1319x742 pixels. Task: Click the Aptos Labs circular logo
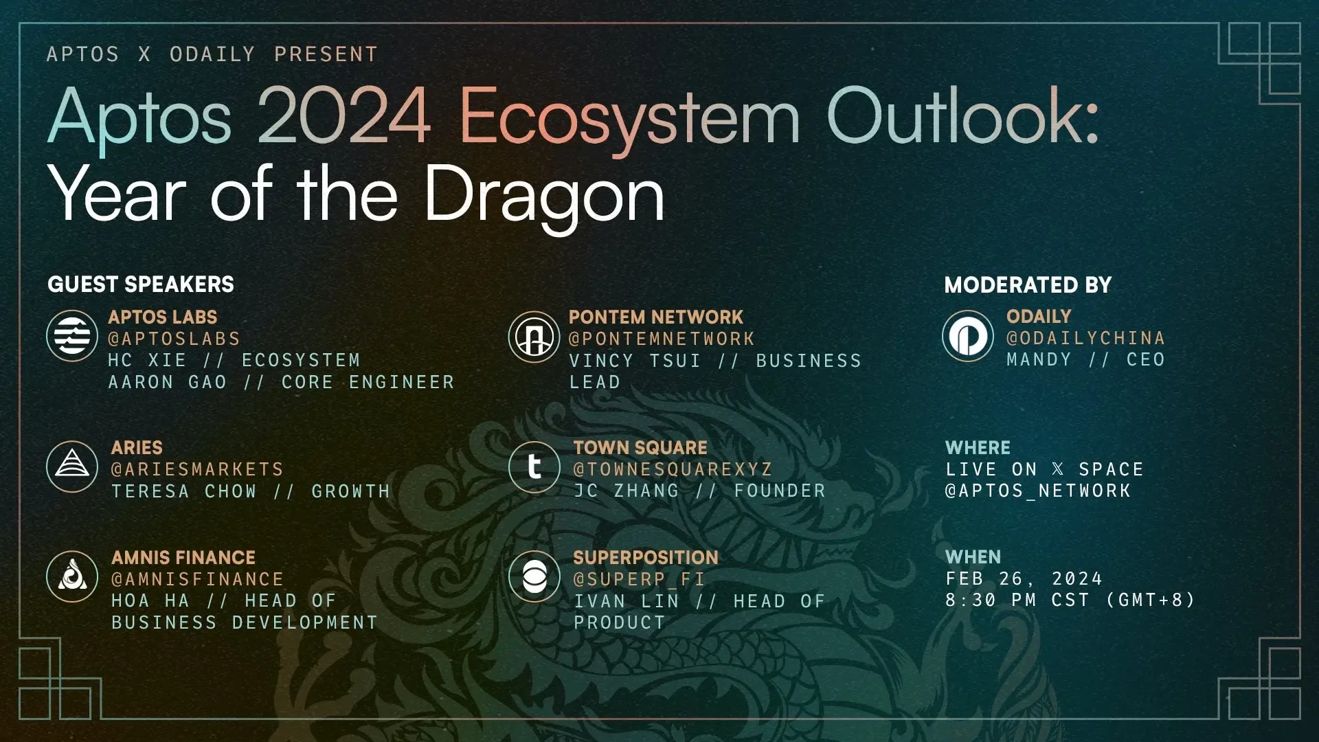[x=72, y=336]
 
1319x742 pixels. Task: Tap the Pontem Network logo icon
[x=534, y=337]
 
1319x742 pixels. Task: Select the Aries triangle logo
[x=72, y=466]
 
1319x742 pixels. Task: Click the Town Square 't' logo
[x=534, y=467]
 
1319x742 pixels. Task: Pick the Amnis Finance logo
[x=72, y=576]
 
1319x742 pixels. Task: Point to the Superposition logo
[x=534, y=576]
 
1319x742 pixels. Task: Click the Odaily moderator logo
[x=968, y=336]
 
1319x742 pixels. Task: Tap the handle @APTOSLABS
[x=174, y=339]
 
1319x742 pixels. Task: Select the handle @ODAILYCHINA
[x=1085, y=338]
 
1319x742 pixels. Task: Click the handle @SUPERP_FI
[x=639, y=579]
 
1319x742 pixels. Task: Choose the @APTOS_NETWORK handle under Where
[x=1038, y=491]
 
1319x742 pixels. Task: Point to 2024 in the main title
[x=343, y=116]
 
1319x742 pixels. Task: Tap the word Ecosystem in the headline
[x=629, y=120]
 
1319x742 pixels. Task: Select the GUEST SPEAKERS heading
[x=141, y=284]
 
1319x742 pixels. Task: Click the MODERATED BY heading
[x=1028, y=285]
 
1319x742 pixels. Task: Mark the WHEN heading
[x=973, y=557]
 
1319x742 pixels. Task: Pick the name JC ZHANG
[x=627, y=491]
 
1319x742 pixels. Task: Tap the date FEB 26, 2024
[x=1024, y=579]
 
